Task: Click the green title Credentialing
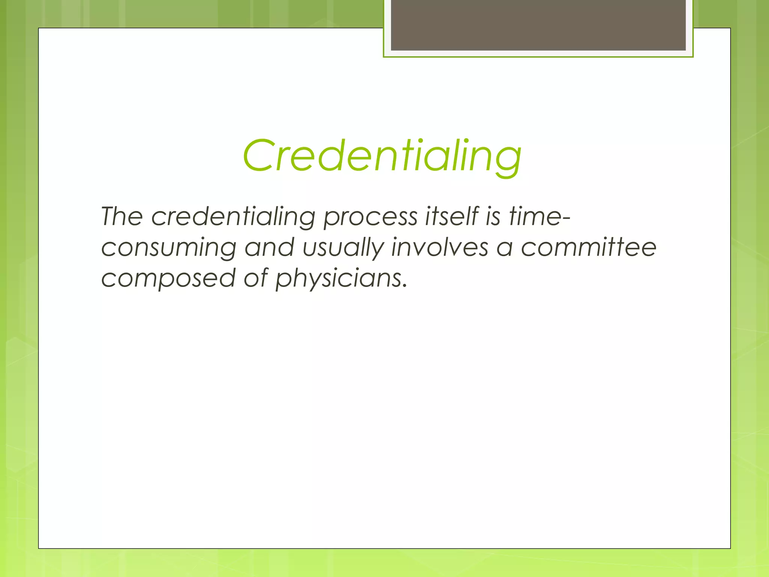click(382, 156)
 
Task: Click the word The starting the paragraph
click(122, 217)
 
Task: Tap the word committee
click(588, 248)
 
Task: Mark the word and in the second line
click(269, 248)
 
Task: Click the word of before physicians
click(256, 278)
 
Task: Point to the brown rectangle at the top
click(538, 25)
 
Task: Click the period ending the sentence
click(404, 286)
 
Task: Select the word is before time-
click(493, 217)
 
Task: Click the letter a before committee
click(504, 248)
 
